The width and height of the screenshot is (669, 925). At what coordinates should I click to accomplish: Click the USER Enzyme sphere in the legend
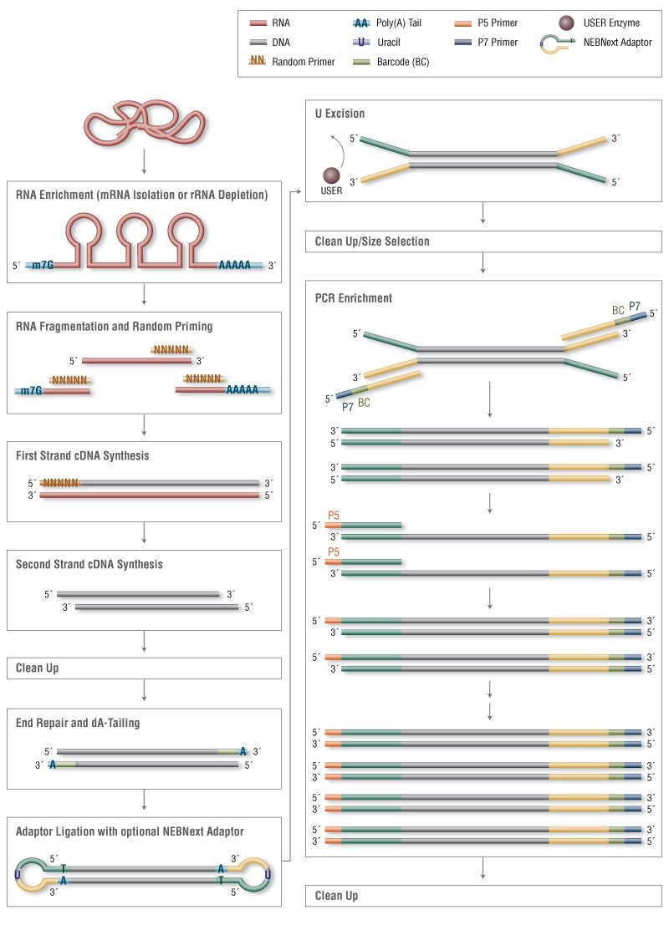(566, 23)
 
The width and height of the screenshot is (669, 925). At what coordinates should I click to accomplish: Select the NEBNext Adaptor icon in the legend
(557, 44)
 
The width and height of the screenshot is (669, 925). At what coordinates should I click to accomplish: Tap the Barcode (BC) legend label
(403, 62)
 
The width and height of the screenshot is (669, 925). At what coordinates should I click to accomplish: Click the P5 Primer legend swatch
(463, 23)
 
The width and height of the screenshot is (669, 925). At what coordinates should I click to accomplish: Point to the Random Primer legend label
(303, 62)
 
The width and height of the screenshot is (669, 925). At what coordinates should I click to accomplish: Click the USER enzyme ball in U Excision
(331, 175)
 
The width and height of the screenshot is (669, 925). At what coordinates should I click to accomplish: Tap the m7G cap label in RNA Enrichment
(43, 265)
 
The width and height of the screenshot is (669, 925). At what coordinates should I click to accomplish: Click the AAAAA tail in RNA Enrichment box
(234, 265)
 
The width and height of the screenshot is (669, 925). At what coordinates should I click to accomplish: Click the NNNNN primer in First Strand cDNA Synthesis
(60, 483)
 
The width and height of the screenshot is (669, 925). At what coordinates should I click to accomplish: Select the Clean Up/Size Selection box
(483, 241)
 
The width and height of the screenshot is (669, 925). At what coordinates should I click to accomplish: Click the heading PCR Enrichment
(353, 298)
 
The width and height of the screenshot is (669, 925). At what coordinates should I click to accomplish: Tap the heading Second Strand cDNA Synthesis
(89, 564)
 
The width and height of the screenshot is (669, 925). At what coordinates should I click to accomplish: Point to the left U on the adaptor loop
(18, 874)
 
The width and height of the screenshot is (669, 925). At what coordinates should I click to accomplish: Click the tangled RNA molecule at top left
(145, 122)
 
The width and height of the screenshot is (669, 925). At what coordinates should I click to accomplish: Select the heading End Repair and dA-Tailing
(78, 723)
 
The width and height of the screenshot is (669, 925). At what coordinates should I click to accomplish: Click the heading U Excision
(340, 114)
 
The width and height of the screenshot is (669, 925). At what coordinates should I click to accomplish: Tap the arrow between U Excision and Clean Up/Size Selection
(483, 213)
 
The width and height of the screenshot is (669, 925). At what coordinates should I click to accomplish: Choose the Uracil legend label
(389, 43)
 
